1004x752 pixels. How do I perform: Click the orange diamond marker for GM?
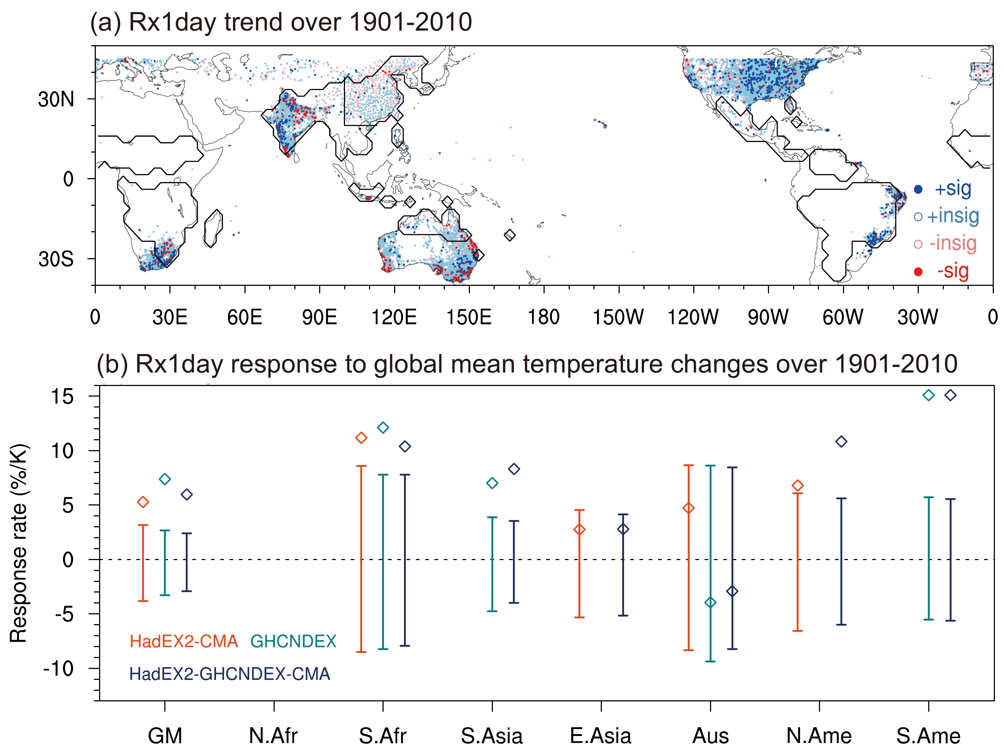[x=143, y=502]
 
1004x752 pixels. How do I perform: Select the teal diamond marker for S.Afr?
[x=383, y=428]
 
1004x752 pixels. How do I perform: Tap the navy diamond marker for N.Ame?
[x=841, y=442]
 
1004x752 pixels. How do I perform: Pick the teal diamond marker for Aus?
[x=710, y=602]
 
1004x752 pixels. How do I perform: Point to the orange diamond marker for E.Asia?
[x=579, y=529]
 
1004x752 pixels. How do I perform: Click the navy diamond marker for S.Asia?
[x=514, y=469]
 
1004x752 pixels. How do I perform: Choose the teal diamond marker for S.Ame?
[x=929, y=395]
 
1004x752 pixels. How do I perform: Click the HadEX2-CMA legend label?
[x=184, y=641]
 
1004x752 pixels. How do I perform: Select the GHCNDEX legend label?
[x=293, y=641]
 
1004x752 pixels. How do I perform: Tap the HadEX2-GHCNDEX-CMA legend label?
[x=230, y=674]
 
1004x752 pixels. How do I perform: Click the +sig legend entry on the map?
[x=952, y=189]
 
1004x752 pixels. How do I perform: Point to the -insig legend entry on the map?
[x=952, y=244]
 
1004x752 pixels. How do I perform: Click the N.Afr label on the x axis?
[x=273, y=736]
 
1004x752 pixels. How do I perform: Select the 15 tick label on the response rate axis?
[x=62, y=397]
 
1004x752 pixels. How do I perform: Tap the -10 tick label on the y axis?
[x=58, y=669]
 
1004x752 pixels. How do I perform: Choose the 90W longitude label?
[x=768, y=317]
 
